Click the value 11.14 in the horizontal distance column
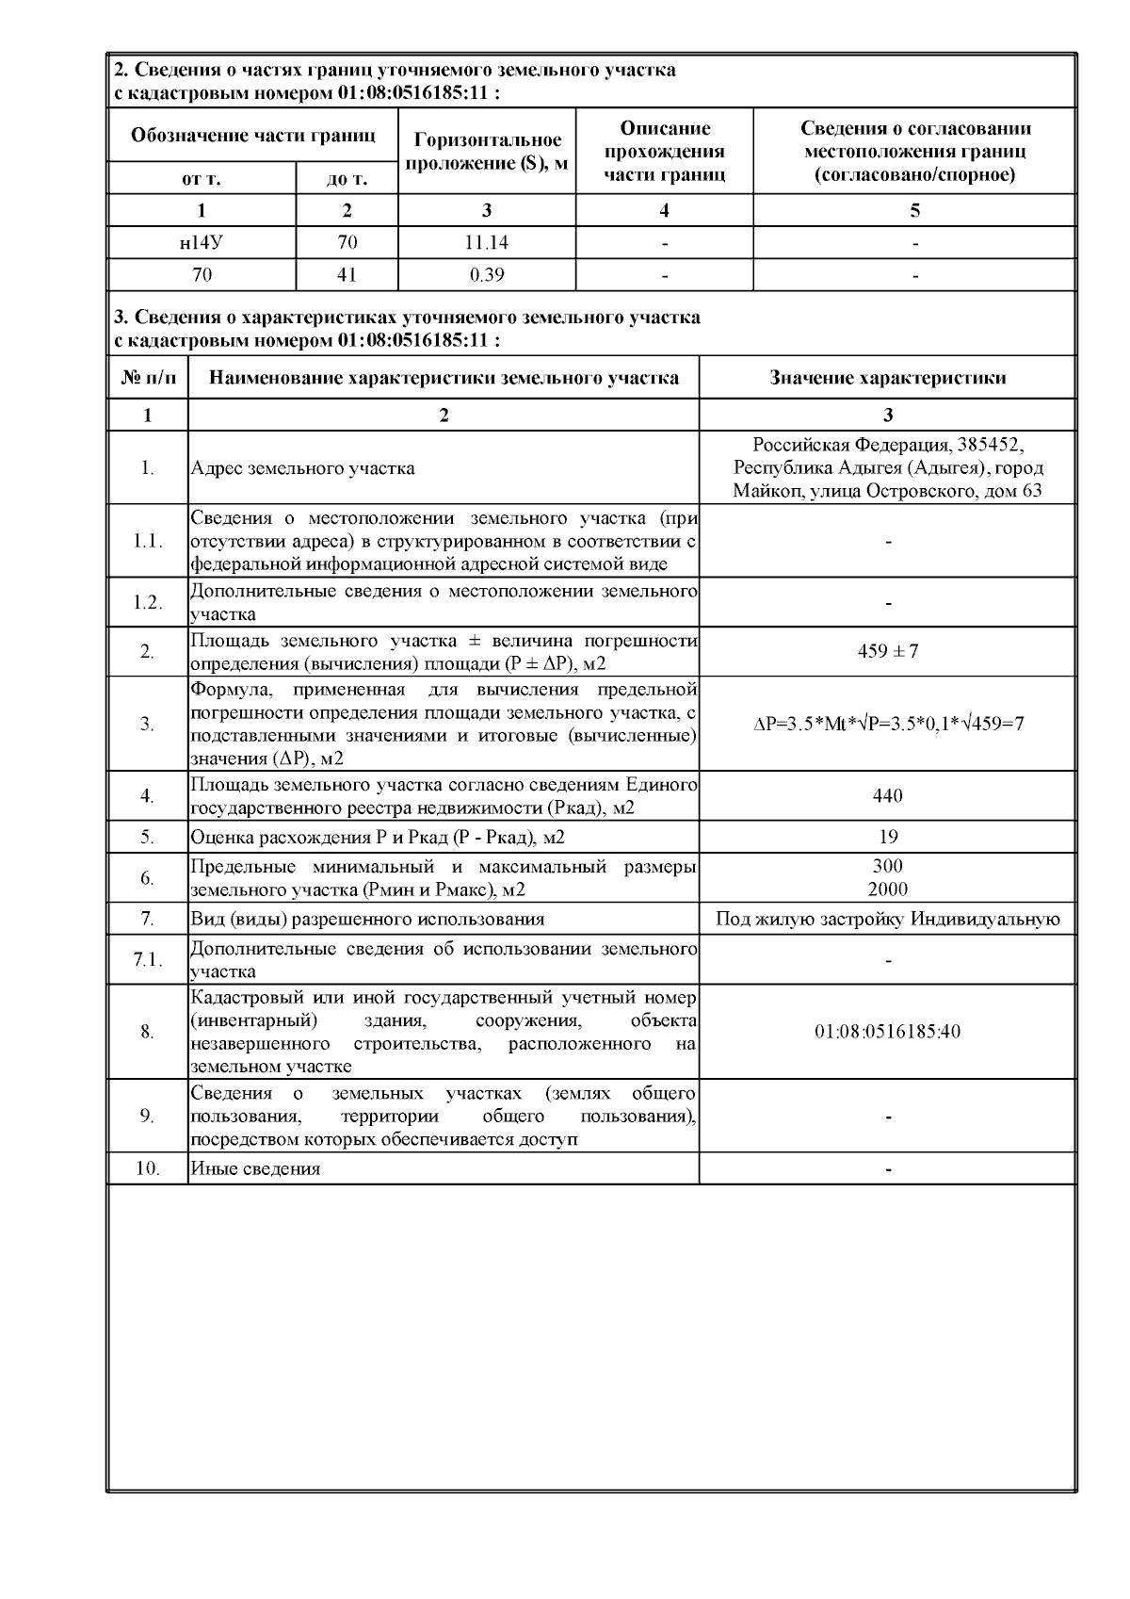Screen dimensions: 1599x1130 pyautogui.click(x=486, y=243)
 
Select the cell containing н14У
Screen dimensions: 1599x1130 pyautogui.click(x=202, y=243)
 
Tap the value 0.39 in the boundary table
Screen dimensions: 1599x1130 pyautogui.click(x=486, y=275)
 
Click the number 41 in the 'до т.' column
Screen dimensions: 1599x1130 pyautogui.click(x=347, y=275)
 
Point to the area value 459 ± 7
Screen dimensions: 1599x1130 pyautogui.click(x=887, y=651)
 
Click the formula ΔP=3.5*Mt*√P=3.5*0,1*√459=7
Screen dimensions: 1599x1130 pyautogui.click(x=888, y=724)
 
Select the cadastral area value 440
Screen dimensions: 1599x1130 pyautogui.click(x=887, y=796)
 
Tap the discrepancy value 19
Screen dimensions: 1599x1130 pyautogui.click(x=887, y=837)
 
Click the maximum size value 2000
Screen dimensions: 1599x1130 pyautogui.click(x=887, y=889)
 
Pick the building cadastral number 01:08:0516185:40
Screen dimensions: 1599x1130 pyautogui.click(x=887, y=1032)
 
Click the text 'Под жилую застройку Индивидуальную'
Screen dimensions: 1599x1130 pyautogui.click(x=887, y=920)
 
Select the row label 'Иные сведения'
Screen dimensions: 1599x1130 pyautogui.click(x=255, y=1168)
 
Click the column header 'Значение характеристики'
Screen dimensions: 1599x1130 pyautogui.click(x=887, y=378)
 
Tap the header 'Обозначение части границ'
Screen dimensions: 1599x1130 pyautogui.click(x=253, y=136)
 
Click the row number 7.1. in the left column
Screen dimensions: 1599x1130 pyautogui.click(x=148, y=960)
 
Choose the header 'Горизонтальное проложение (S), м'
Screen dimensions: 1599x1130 pyautogui.click(x=487, y=152)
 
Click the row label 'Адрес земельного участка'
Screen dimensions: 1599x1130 pyautogui.click(x=302, y=468)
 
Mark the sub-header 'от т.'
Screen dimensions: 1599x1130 pyautogui.click(x=202, y=178)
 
